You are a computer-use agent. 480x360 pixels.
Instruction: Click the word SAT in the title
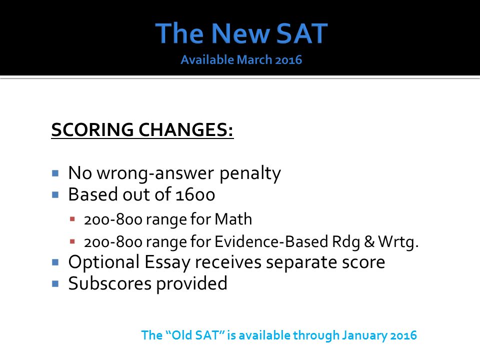(x=302, y=33)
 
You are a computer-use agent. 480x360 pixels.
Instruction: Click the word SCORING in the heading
(x=92, y=129)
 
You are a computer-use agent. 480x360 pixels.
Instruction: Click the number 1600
(x=195, y=194)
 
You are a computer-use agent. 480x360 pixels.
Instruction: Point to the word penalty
(x=250, y=173)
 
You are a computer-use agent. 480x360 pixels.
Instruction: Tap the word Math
(x=233, y=219)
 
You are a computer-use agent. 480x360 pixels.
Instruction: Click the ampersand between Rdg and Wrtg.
(x=369, y=241)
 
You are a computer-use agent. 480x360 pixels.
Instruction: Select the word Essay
(x=167, y=263)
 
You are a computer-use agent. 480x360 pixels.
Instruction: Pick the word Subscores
(x=110, y=283)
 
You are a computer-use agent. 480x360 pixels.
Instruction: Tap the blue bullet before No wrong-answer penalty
(x=55, y=173)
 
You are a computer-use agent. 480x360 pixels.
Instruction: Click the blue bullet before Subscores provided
(x=55, y=284)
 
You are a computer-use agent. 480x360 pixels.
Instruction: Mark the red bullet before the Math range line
(x=72, y=219)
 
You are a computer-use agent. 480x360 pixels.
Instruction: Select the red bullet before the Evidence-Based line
(x=72, y=242)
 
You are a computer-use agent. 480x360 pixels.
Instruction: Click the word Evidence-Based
(x=271, y=241)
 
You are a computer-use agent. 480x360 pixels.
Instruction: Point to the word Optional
(x=104, y=263)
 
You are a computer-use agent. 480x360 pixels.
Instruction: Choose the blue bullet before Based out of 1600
(x=55, y=194)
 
